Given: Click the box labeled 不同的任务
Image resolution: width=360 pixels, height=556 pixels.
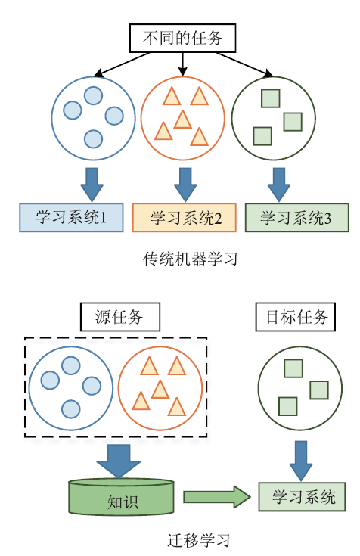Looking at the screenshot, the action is (182, 38).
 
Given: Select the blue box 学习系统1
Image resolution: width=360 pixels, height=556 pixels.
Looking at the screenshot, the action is (71, 217).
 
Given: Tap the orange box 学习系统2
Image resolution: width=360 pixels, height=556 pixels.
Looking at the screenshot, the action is (184, 217).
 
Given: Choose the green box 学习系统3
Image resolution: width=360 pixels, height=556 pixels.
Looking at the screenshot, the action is (297, 217).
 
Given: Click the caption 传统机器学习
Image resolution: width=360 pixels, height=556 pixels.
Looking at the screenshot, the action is (190, 259).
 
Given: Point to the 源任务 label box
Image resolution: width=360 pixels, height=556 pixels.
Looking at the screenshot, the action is (120, 317).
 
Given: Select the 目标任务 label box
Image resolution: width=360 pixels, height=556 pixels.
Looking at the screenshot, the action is (296, 317).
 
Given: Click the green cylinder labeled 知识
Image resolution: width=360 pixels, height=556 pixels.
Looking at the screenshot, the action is (121, 497).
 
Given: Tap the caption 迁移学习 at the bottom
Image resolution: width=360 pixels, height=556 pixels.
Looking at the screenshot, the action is (198, 540).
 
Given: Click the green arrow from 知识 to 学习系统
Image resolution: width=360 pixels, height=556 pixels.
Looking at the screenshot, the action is (217, 497).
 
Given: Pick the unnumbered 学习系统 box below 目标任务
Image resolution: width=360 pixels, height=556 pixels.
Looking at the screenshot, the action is (302, 496).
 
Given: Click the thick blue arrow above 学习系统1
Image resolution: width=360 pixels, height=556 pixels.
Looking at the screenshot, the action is (92, 185).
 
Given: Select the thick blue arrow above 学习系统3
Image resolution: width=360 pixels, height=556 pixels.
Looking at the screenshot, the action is (279, 185).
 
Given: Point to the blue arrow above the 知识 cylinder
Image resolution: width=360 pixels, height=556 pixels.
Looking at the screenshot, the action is (119, 461).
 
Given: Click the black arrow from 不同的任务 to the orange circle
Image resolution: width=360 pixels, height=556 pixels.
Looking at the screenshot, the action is (182, 64).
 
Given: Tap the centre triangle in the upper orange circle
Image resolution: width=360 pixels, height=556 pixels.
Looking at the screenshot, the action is (183, 120).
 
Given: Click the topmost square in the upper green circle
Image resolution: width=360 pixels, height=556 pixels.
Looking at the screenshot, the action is (270, 98).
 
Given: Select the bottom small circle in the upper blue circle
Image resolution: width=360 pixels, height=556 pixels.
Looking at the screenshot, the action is (93, 138).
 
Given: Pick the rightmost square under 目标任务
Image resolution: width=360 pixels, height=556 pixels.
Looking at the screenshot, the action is (319, 390).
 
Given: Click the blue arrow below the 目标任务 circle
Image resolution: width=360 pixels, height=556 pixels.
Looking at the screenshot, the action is (301, 461).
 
